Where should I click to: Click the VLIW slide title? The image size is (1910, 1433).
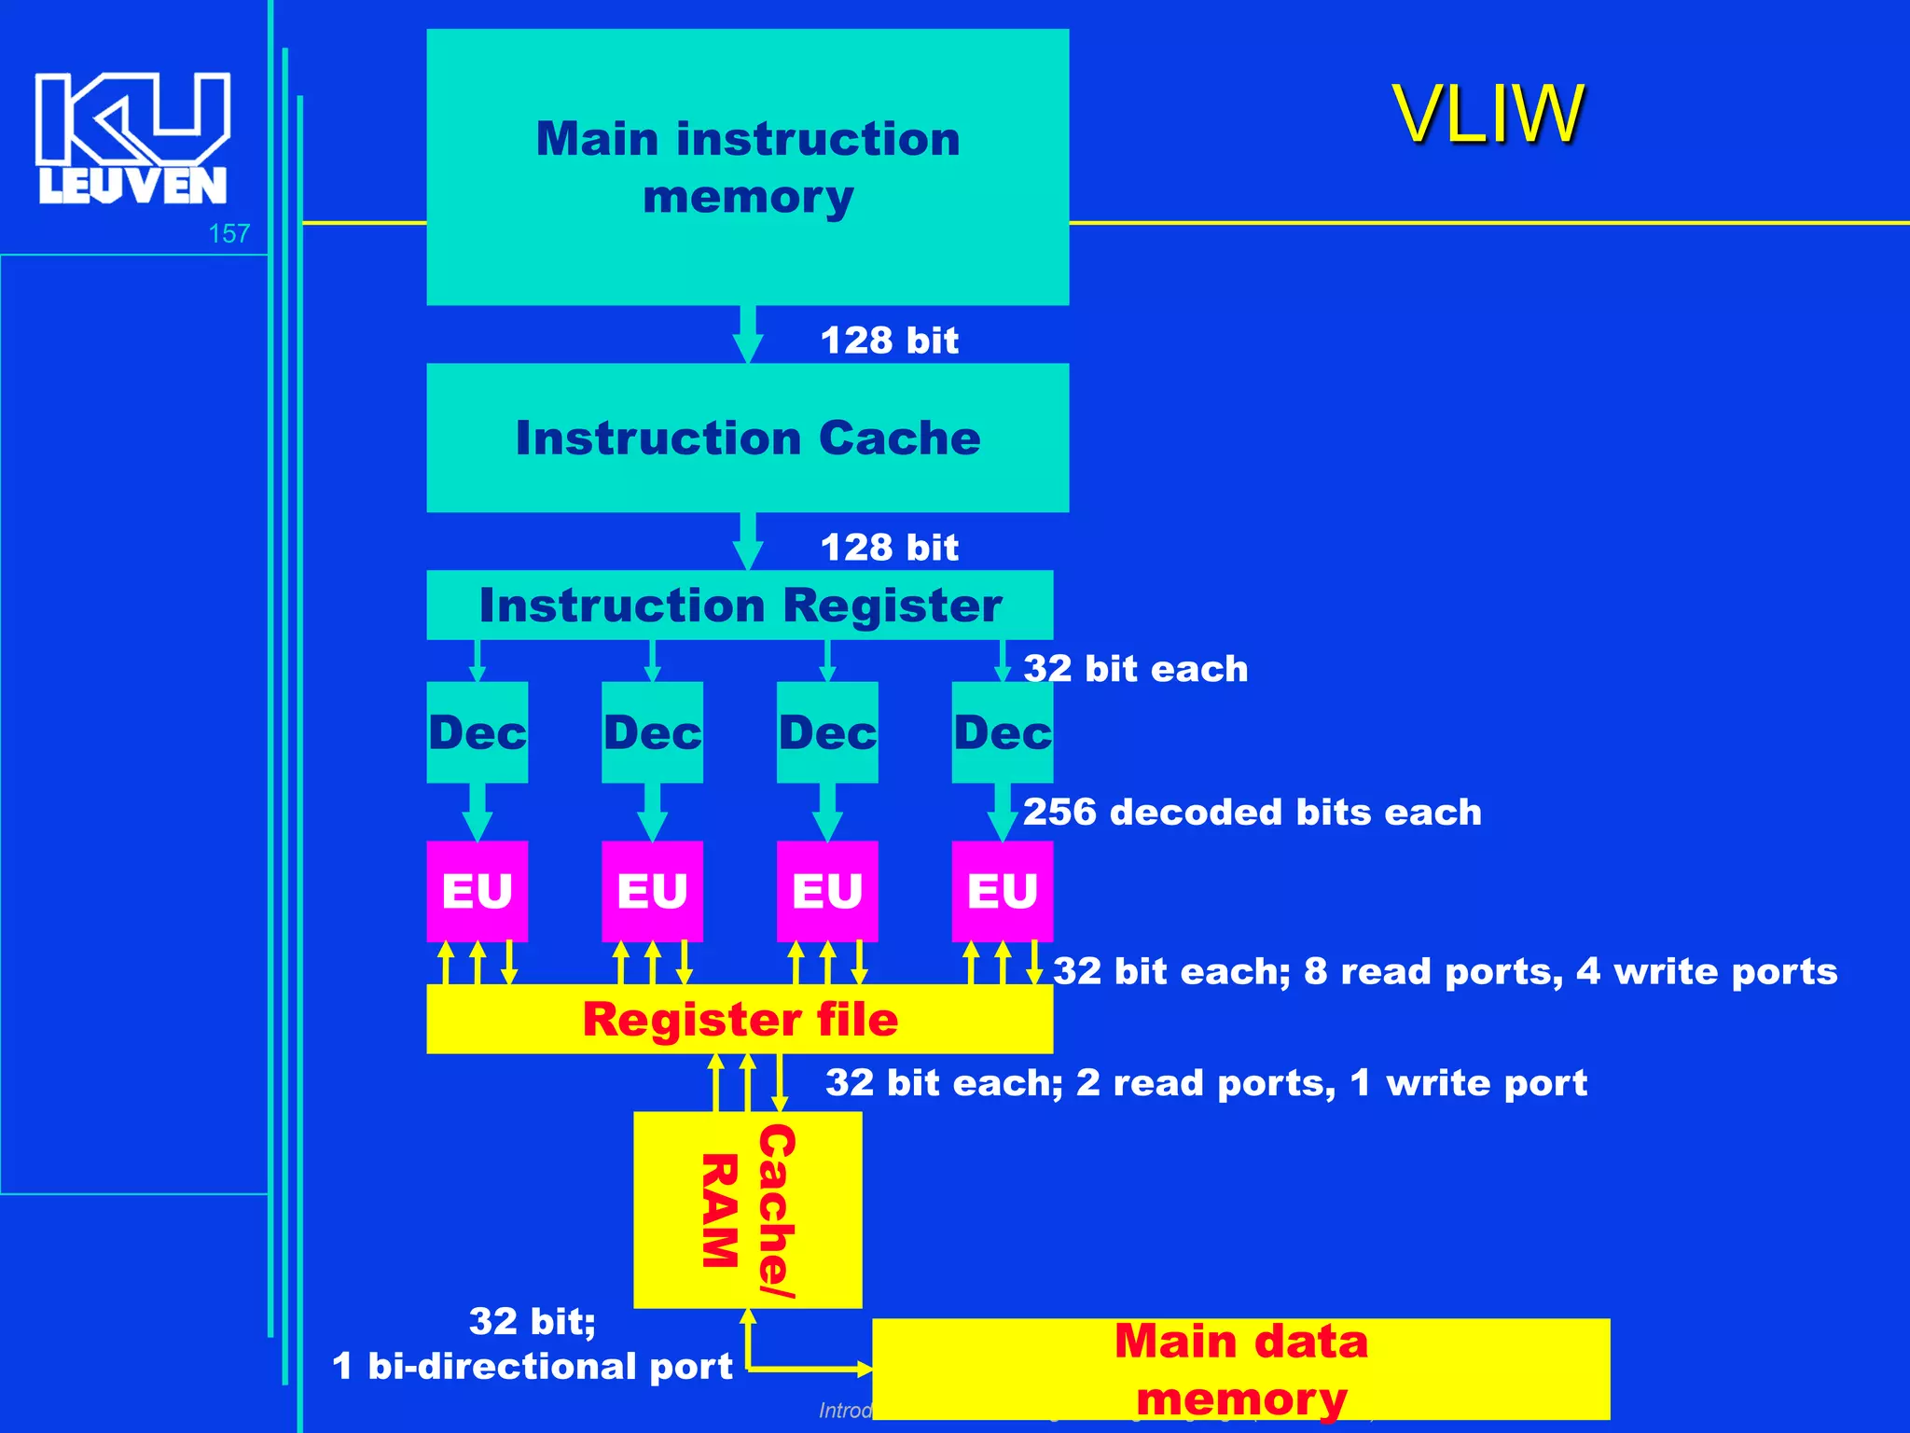[1488, 114]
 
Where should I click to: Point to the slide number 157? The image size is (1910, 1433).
[228, 233]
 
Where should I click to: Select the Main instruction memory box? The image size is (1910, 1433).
[747, 167]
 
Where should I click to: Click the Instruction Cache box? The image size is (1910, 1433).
[747, 438]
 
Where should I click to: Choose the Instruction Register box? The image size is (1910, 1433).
[740, 605]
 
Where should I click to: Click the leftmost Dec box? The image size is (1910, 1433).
[477, 732]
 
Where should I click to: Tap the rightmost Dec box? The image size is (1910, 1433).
[1003, 732]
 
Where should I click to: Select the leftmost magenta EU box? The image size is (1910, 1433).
[477, 891]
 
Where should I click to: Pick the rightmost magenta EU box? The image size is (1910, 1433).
[1003, 891]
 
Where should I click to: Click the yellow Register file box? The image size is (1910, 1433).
[740, 1019]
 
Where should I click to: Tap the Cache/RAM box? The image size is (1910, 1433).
[747, 1210]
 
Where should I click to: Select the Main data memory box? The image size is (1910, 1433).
[1240, 1369]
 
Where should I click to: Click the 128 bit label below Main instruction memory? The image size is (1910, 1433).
[889, 341]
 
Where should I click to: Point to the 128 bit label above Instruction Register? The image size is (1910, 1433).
[889, 548]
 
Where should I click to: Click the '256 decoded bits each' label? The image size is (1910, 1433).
[1252, 812]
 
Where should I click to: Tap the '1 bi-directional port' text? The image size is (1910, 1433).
[533, 1366]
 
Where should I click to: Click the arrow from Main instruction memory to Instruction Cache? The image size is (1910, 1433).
[747, 334]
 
